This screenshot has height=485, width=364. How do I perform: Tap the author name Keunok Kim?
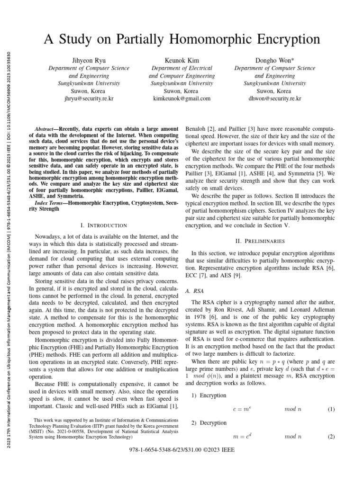(x=182, y=61)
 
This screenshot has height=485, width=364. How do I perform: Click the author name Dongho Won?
(x=274, y=61)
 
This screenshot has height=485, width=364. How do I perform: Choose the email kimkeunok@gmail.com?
(x=182, y=99)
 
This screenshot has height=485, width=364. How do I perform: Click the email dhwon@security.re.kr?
(x=274, y=99)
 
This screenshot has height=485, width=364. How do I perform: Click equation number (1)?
(x=331, y=409)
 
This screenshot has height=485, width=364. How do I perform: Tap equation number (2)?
(x=331, y=437)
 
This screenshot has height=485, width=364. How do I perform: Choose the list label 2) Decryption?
(x=209, y=423)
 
